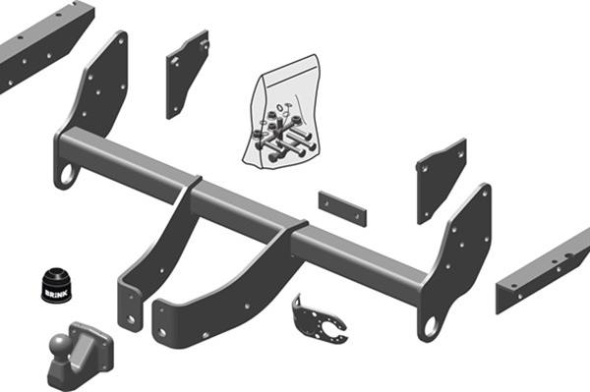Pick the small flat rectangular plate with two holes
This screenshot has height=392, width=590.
341,208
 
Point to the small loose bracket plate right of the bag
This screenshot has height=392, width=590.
441,177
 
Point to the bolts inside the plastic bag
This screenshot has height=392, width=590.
283,133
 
